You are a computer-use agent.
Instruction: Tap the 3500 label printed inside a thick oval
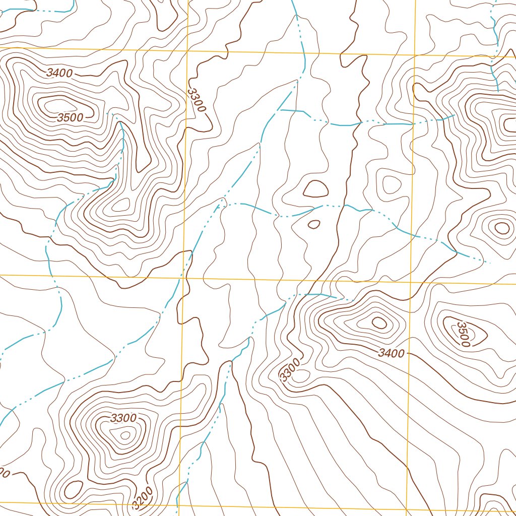(x=464, y=334)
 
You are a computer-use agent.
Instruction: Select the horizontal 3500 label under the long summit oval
(x=70, y=118)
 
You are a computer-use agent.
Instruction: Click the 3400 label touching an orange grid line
(x=392, y=353)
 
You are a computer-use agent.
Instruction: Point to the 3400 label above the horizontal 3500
(x=59, y=73)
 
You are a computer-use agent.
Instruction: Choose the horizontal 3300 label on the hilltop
(x=123, y=418)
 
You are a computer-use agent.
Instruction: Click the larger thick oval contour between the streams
(x=315, y=188)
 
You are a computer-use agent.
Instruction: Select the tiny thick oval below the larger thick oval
(x=313, y=224)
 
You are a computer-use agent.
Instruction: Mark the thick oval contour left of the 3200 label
(x=74, y=489)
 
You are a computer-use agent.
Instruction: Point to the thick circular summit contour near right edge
(x=502, y=228)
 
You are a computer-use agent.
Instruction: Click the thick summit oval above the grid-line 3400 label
(x=378, y=321)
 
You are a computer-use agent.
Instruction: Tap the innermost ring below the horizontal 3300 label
(x=125, y=434)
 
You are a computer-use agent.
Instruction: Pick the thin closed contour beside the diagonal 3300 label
(x=301, y=375)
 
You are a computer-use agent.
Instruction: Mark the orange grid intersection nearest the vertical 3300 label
(x=187, y=51)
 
